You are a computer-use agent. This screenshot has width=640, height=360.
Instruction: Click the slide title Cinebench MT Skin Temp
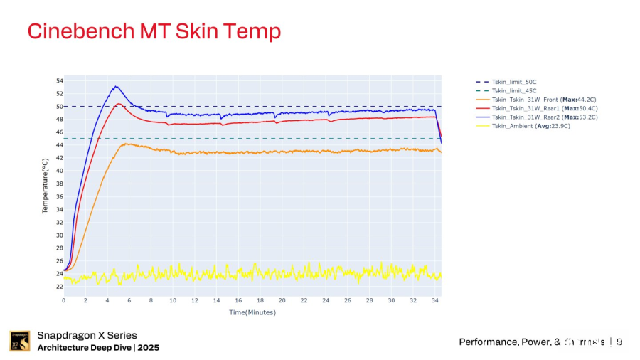pyautogui.click(x=154, y=31)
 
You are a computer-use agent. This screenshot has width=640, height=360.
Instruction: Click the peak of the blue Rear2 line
pyautogui.click(x=115, y=87)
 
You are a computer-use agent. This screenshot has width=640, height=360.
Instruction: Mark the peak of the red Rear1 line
pyautogui.click(x=119, y=104)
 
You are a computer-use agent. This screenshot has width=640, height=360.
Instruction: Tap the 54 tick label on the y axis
pyautogui.click(x=59, y=81)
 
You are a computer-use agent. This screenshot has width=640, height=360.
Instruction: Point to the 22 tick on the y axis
pyautogui.click(x=59, y=287)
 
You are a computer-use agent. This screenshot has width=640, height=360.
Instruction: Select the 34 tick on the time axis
pyautogui.click(x=434, y=300)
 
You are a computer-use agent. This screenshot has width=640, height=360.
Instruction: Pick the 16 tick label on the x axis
pyautogui.click(x=238, y=300)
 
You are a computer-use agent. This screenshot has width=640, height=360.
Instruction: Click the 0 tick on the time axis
pyautogui.click(x=64, y=300)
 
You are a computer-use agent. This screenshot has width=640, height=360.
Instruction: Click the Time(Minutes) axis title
pyautogui.click(x=252, y=312)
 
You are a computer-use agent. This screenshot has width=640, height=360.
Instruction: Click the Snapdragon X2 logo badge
pyautogui.click(x=19, y=342)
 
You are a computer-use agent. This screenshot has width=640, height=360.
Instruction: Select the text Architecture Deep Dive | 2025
pyautogui.click(x=98, y=348)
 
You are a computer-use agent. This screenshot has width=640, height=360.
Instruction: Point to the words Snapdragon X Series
pyautogui.click(x=87, y=335)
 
